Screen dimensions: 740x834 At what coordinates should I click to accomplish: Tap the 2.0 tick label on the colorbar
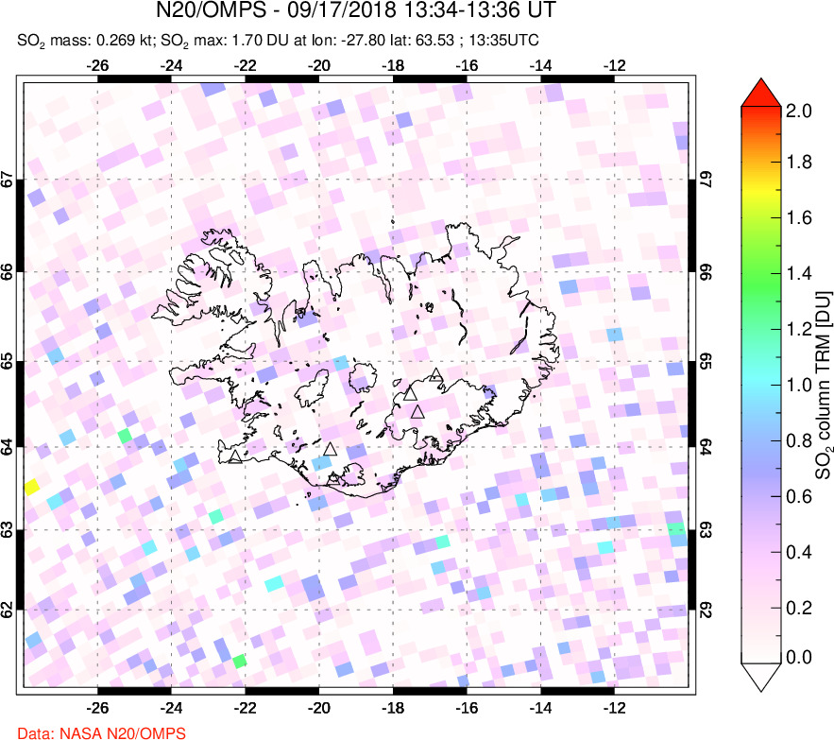799,111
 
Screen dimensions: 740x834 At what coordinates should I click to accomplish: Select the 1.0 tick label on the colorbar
799,385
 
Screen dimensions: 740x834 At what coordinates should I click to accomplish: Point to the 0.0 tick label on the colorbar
799,657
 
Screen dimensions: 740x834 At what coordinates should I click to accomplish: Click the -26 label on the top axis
97,66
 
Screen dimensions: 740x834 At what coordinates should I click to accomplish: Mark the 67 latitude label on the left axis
9,180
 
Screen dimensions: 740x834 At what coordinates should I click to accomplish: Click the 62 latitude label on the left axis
9,611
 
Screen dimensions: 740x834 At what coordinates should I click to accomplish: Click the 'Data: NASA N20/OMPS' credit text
93,732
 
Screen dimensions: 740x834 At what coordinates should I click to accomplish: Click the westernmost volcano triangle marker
234,457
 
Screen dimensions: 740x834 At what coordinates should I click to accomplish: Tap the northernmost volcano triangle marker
434,375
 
